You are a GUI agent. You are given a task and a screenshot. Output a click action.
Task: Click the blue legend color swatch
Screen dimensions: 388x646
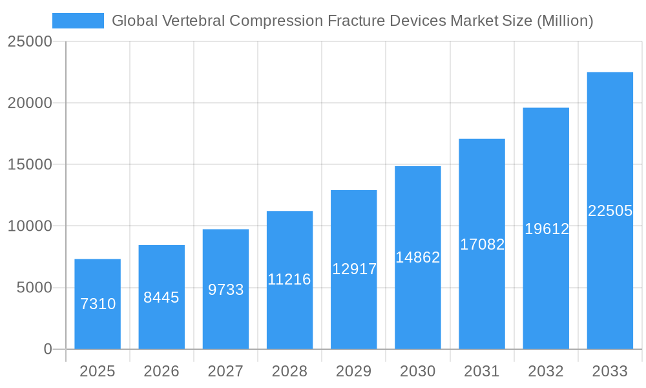coord(78,21)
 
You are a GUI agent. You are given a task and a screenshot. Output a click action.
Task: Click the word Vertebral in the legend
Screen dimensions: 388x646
coord(194,21)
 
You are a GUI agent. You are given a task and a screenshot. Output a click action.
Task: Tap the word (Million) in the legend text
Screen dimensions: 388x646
coord(565,21)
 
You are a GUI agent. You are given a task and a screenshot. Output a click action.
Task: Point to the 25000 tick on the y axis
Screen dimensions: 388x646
coord(29,41)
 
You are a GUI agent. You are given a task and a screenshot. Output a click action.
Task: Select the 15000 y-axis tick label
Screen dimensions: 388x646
coord(29,164)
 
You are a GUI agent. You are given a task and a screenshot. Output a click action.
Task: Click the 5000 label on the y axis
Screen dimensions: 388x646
coord(34,288)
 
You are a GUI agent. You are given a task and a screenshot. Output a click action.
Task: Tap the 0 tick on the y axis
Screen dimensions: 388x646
coord(48,349)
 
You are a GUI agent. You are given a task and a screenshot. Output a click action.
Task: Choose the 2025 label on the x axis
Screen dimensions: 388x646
coord(98,371)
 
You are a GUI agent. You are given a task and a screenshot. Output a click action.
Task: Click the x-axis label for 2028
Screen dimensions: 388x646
coord(289,371)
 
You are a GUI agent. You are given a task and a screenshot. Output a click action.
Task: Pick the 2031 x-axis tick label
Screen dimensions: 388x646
coord(482,371)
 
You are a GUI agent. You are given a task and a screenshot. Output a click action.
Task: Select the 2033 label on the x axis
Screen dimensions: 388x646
coord(610,371)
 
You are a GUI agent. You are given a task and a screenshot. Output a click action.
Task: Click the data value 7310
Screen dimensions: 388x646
coord(98,304)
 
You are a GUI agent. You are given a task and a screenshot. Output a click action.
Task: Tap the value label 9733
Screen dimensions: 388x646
coord(225,290)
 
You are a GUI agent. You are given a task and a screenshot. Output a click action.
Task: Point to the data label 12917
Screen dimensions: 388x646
coord(354,269)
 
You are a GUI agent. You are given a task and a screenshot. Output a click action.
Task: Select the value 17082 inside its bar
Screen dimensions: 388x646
coord(482,244)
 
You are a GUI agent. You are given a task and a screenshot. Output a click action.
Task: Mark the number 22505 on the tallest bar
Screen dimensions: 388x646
coord(610,211)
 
